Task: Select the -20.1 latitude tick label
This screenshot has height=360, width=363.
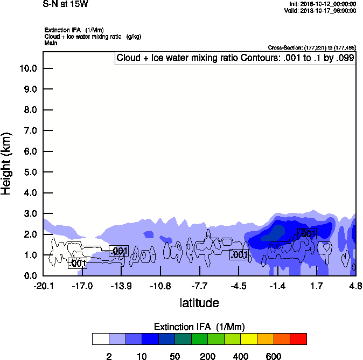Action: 43,286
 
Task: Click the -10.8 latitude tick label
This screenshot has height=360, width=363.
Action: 160,286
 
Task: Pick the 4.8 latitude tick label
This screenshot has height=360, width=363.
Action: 355,286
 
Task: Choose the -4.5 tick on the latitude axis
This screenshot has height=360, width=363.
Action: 239,286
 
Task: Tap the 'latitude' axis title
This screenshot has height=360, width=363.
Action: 199,303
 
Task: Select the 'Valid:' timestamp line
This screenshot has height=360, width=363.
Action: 322,10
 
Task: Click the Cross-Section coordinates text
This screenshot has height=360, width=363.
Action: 311,47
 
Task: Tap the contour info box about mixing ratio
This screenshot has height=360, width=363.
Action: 235,58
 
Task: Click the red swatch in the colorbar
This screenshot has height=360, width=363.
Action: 298,339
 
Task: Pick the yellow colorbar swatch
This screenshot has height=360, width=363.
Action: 249,339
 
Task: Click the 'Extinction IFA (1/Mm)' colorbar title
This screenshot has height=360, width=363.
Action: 199,327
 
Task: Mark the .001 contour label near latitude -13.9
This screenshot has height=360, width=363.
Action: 118,251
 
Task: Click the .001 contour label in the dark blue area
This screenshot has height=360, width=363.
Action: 306,234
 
